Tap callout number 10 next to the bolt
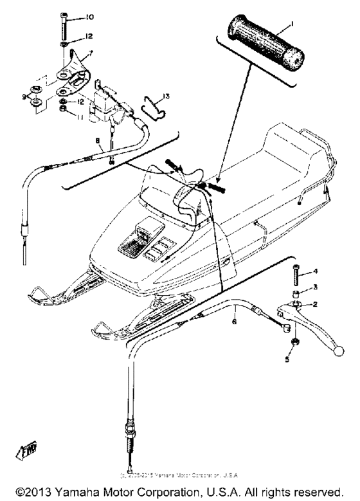pos(89,16)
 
